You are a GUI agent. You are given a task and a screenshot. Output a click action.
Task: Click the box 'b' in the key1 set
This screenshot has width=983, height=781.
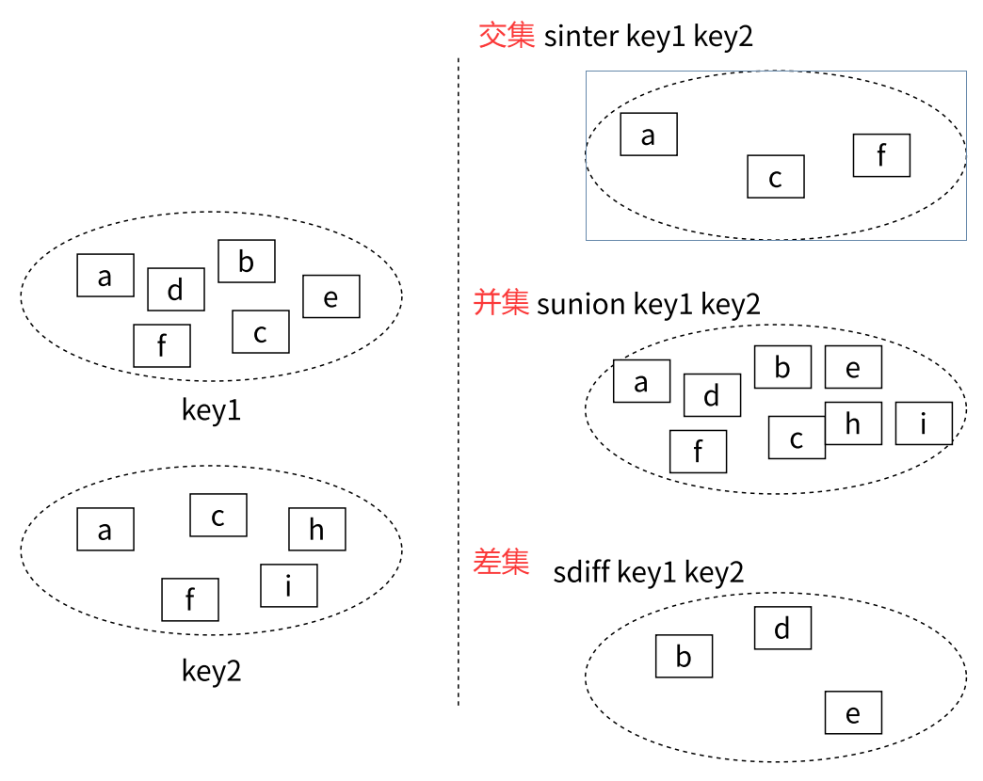click(x=247, y=262)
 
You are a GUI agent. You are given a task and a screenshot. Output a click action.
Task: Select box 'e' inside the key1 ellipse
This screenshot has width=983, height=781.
click(x=331, y=296)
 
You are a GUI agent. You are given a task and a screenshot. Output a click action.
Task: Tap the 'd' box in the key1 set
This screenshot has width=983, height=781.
click(x=176, y=289)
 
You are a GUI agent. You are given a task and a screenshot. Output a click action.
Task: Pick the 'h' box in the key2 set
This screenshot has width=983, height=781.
click(x=317, y=529)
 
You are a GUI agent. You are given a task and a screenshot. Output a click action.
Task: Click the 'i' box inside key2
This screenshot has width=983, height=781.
click(x=289, y=585)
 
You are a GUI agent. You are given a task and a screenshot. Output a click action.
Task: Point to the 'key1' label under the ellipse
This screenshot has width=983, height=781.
click(x=211, y=410)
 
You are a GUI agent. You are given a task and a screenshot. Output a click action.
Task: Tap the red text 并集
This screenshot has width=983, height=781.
click(x=501, y=303)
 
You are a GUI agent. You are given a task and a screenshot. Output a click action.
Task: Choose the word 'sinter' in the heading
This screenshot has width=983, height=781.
click(x=580, y=37)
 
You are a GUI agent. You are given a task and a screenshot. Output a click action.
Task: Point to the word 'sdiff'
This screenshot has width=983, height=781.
click(x=581, y=572)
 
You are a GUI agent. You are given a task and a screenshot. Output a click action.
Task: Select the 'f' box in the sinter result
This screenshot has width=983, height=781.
click(x=881, y=155)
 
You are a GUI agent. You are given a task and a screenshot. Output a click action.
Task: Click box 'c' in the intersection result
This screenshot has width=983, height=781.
click(x=776, y=177)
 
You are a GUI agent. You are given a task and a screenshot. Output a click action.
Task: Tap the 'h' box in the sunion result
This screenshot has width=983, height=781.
click(x=853, y=423)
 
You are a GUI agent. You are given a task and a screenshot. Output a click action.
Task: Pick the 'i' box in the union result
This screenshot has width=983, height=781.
click(x=924, y=423)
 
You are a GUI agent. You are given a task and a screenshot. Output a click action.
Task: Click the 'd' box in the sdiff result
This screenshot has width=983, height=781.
click(x=782, y=628)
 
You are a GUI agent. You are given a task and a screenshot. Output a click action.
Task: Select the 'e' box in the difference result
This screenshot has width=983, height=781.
click(x=853, y=712)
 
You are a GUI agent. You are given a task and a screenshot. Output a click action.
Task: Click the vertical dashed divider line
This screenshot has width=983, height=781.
click(x=459, y=376)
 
